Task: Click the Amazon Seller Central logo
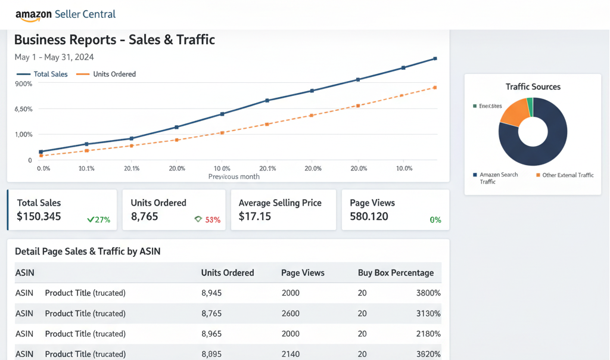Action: click(65, 14)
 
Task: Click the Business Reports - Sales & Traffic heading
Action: click(114, 40)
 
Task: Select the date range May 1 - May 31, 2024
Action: click(54, 57)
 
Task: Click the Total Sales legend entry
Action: click(43, 75)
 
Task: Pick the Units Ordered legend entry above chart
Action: click(107, 75)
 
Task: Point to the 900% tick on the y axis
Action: click(24, 84)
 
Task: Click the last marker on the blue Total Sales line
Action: click(435, 58)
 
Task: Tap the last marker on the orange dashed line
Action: click(435, 88)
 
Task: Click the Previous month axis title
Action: click(234, 176)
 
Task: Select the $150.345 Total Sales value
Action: click(39, 216)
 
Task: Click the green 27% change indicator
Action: click(99, 219)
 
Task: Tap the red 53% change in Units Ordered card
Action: click(213, 219)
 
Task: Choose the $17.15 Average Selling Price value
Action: click(255, 216)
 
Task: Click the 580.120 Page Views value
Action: click(369, 216)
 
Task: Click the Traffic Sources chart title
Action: click(533, 87)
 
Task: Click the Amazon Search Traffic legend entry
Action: click(498, 178)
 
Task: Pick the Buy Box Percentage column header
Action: click(396, 273)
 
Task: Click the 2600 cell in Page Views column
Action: click(291, 314)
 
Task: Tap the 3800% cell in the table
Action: click(428, 293)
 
